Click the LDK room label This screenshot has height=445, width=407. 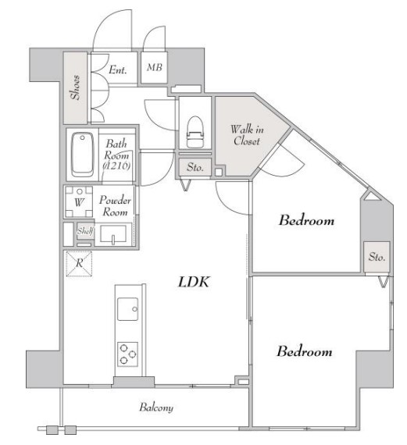pyautogui.click(x=194, y=282)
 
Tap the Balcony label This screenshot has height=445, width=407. pyautogui.click(x=156, y=408)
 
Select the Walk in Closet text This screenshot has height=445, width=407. pyautogui.click(x=247, y=135)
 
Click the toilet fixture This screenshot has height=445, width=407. pyautogui.click(x=195, y=132)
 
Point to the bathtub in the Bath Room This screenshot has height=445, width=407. pyautogui.click(x=82, y=155)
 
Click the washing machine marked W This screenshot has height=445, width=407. pyautogui.click(x=79, y=201)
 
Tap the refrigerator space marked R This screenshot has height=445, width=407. pyautogui.click(x=79, y=263)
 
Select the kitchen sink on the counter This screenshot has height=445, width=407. pyautogui.click(x=128, y=309)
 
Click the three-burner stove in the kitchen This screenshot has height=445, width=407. pyautogui.click(x=128, y=354)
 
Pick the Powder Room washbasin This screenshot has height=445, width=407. pyautogui.click(x=113, y=234)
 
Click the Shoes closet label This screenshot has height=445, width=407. pyautogui.click(x=75, y=87)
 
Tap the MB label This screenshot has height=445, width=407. pyautogui.click(x=155, y=67)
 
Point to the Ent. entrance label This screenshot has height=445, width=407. pyautogui.click(x=118, y=69)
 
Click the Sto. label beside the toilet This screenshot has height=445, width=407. pyautogui.click(x=195, y=167)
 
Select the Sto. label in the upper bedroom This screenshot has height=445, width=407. pyautogui.click(x=377, y=257)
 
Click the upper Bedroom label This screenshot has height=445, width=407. pyautogui.click(x=306, y=220)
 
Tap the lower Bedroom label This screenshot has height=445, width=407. pyautogui.click(x=305, y=351)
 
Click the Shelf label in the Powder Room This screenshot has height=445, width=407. pyautogui.click(x=85, y=231)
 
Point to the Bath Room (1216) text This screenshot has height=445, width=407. pyautogui.click(x=116, y=155)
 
